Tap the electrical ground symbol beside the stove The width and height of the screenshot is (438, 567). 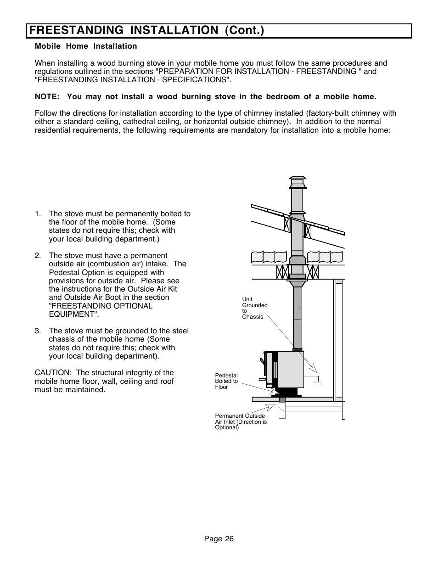point(317,381)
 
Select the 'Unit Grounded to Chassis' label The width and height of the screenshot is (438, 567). point(254,308)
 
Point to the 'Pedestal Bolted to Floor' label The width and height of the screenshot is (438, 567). point(226,381)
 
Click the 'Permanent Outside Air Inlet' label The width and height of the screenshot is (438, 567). point(241,421)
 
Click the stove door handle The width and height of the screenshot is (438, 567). point(263,361)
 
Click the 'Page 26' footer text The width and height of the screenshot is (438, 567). point(219,539)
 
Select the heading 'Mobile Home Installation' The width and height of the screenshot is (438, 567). point(86,46)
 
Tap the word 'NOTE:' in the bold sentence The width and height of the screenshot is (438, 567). point(47,97)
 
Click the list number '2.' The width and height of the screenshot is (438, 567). point(38,256)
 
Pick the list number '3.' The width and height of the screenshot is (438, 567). point(38,331)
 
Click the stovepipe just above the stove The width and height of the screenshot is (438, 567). point(298,331)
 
